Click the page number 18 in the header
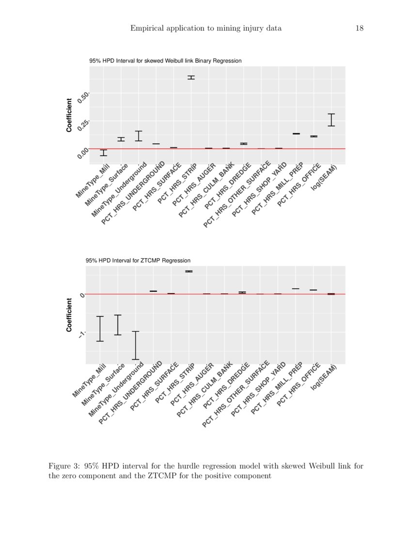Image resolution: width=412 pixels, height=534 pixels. point(359,28)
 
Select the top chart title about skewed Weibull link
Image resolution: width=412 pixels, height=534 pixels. point(165,61)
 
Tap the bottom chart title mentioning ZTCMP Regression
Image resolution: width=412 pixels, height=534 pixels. point(138,261)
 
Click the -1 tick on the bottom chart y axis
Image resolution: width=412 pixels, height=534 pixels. point(82,334)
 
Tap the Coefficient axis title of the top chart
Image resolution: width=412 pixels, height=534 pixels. point(69,115)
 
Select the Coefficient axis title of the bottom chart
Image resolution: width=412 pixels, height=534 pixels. point(69,315)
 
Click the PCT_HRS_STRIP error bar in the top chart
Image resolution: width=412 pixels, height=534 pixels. point(191,77)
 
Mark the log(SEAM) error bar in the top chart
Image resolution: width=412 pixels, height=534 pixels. point(331,120)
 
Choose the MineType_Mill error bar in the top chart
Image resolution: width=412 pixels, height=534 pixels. point(103,153)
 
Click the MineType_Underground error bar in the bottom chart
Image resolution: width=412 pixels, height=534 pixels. point(136,345)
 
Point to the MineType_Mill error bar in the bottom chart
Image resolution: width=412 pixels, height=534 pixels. point(100,329)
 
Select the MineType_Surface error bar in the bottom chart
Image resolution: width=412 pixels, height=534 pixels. point(117,325)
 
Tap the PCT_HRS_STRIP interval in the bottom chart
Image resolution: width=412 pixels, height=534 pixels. point(189,271)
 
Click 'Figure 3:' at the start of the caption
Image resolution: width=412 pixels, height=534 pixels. point(64,466)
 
